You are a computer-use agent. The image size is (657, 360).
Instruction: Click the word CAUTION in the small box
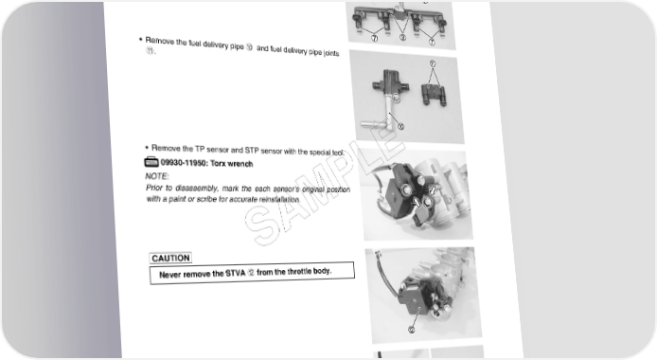click(x=170, y=259)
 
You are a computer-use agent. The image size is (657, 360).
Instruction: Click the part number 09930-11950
click(x=184, y=163)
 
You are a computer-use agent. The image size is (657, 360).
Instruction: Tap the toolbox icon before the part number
click(x=151, y=162)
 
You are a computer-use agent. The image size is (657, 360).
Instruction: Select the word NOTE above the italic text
click(x=157, y=176)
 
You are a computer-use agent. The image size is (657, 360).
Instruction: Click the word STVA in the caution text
click(x=236, y=274)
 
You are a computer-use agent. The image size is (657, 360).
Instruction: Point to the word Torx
click(x=218, y=164)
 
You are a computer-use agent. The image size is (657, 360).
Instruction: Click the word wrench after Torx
click(x=240, y=164)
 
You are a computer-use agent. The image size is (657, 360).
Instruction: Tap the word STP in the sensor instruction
click(x=252, y=150)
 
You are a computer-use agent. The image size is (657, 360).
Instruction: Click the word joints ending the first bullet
click(x=331, y=53)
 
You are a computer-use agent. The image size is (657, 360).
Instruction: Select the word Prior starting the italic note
click(x=154, y=188)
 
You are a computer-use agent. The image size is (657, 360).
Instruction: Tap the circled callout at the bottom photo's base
click(x=412, y=330)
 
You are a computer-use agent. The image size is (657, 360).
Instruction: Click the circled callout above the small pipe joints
click(x=433, y=63)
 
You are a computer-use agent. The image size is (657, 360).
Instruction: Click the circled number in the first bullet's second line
click(x=150, y=51)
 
